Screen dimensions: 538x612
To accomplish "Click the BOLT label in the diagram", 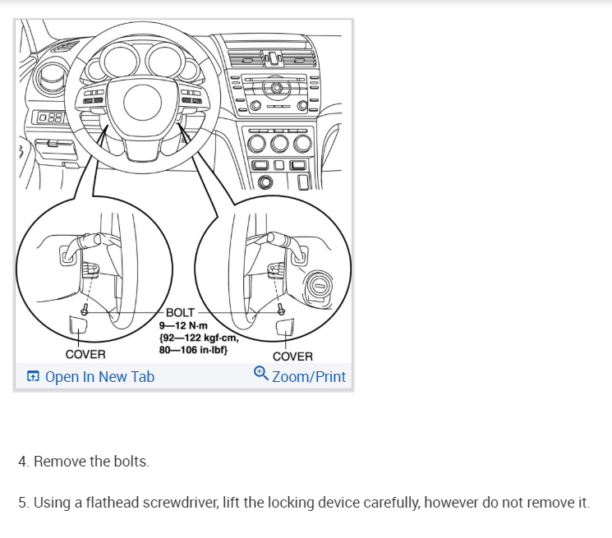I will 180,313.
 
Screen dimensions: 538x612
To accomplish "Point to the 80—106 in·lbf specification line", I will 192,349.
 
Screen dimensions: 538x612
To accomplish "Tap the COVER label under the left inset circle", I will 85,354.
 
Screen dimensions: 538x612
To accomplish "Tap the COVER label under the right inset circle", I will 292,356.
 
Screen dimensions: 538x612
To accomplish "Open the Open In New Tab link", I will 99,377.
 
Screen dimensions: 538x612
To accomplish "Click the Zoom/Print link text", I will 308,377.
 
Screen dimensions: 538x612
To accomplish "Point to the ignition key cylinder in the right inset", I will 318,287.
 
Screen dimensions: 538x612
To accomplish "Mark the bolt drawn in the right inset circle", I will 282,310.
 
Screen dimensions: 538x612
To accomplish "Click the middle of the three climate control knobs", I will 281,146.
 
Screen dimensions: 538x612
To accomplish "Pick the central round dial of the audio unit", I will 277,87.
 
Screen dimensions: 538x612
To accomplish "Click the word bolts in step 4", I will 130,462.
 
